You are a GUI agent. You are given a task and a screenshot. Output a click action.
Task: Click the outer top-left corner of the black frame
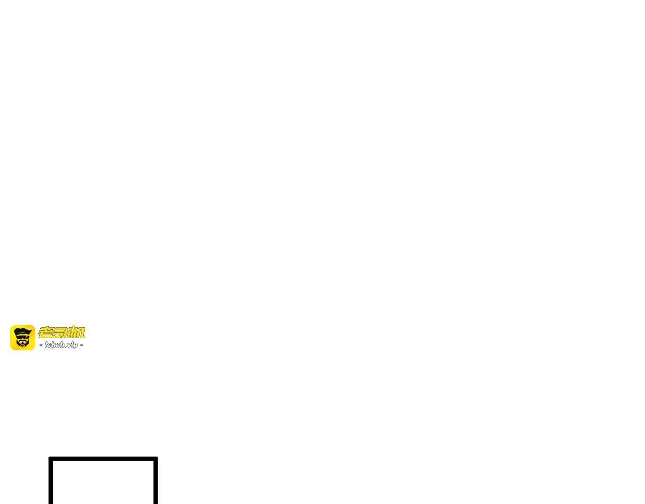pos(49,457)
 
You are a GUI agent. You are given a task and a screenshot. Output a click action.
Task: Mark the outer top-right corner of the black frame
pos(158,457)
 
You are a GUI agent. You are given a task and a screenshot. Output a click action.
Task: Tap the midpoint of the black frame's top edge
pos(103,459)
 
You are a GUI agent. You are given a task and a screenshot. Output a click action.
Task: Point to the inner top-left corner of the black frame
pos(53,461)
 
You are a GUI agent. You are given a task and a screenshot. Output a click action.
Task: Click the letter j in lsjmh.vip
pos(52,345)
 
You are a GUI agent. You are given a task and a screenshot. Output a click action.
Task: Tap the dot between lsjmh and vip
pos(66,346)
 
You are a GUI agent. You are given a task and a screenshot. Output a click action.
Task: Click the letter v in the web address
pos(69,345)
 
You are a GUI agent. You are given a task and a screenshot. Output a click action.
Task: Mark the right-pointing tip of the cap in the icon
pos(32,330)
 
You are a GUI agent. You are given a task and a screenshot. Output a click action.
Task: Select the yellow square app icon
pos(23,338)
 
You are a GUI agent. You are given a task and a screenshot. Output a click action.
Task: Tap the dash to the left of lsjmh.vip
pos(41,345)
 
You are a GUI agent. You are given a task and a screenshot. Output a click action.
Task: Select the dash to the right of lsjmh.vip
pos(81,345)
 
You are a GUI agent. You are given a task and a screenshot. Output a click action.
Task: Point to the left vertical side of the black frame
pos(51,480)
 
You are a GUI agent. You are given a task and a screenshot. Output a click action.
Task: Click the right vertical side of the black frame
pos(156,480)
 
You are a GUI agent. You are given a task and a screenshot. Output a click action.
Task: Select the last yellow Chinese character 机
pos(76,332)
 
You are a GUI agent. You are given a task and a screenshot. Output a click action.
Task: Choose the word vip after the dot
pos(72,345)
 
